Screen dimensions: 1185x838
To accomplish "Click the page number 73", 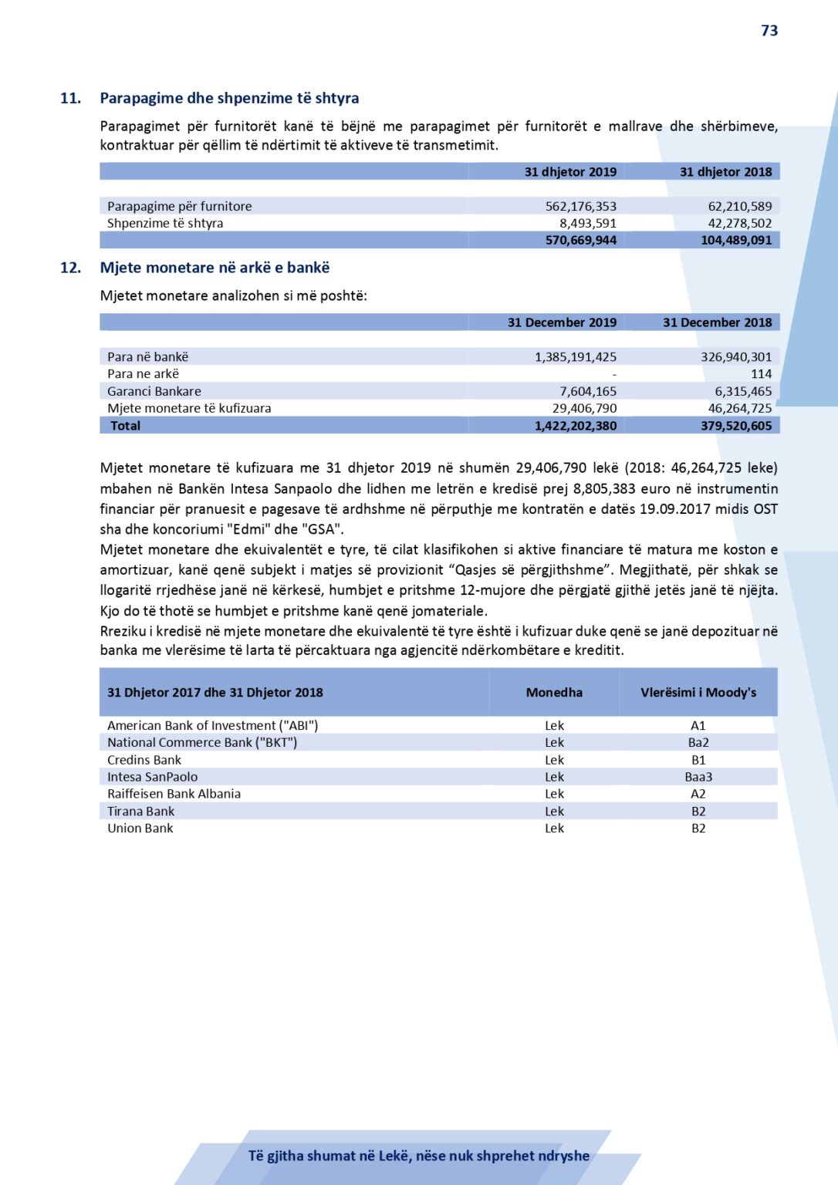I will click(769, 31).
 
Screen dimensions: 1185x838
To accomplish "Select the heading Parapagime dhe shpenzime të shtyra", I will click(229, 98).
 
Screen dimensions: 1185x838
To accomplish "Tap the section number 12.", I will click(70, 268).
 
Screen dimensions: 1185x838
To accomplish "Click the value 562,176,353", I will click(580, 206).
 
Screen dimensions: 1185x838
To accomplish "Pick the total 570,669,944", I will click(580, 240).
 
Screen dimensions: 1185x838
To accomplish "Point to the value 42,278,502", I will click(739, 223).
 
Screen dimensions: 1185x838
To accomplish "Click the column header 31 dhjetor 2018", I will click(725, 172).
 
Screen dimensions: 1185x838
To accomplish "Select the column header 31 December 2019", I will click(562, 322).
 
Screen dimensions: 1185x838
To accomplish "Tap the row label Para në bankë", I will click(147, 356).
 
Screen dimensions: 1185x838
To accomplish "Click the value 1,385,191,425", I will click(575, 356).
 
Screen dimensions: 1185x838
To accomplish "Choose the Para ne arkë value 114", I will click(761, 373).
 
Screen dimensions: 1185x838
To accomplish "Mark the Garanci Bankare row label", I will click(154, 391).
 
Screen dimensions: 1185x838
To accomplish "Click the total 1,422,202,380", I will click(575, 426).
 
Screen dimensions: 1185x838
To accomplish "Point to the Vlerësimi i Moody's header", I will click(698, 693).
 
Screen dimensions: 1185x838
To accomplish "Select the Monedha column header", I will click(554, 693).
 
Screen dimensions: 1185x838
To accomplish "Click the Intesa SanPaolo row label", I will click(152, 777).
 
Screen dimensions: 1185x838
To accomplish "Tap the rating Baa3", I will click(698, 777).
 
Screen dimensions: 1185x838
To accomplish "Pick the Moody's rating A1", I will click(698, 726).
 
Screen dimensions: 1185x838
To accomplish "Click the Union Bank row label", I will click(140, 829).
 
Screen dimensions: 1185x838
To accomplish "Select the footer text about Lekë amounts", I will click(418, 1156).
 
